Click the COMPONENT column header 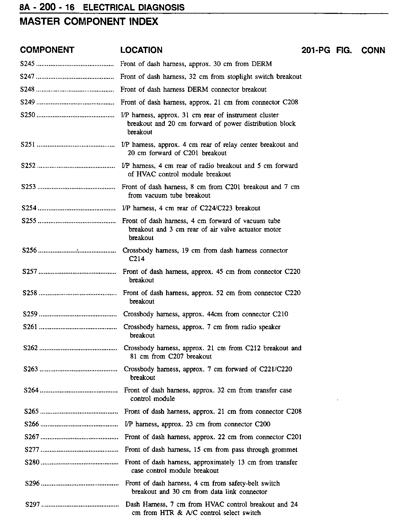pyautogui.click(x=47, y=50)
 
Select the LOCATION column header pyautogui.click(x=141, y=50)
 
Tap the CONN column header pyautogui.click(x=373, y=50)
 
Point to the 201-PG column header pyautogui.click(x=315, y=50)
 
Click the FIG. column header pyautogui.click(x=344, y=50)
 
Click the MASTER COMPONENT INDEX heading pyautogui.click(x=89, y=22)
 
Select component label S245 pyautogui.click(x=28, y=64)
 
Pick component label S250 pyautogui.click(x=28, y=115)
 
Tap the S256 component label pyautogui.click(x=30, y=251)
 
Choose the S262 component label pyautogui.click(x=31, y=348)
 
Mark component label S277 pyautogui.click(x=32, y=450)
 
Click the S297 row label pyautogui.click(x=33, y=505)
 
